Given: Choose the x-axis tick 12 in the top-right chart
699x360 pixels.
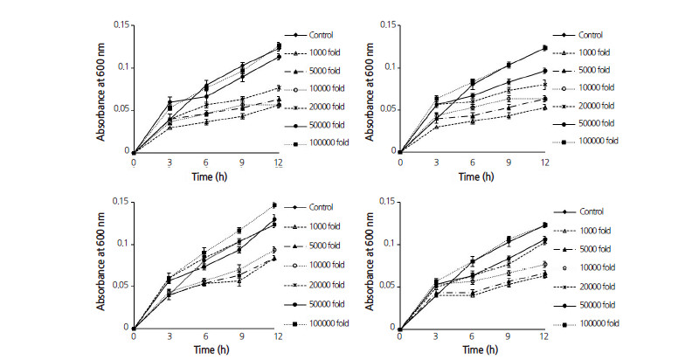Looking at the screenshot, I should [x=545, y=162].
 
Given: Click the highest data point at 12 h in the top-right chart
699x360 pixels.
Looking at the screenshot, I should [x=545, y=47].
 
